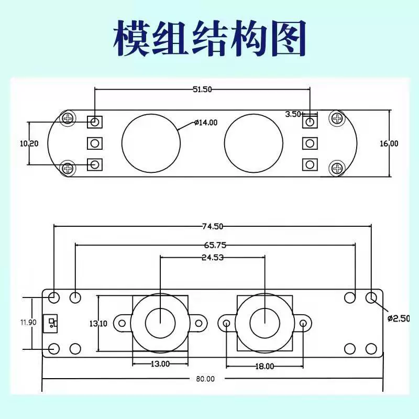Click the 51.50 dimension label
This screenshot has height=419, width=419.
pyautogui.click(x=202, y=89)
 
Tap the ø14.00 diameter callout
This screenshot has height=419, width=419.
pyautogui.click(x=206, y=123)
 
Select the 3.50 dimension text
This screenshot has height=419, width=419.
pyautogui.click(x=293, y=114)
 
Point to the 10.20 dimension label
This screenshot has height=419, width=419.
pyautogui.click(x=29, y=144)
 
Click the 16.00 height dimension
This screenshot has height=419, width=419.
pyautogui.click(x=389, y=144)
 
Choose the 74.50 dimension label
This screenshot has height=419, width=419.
pyautogui.click(x=213, y=226)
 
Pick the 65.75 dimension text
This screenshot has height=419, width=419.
pyautogui.click(x=215, y=245)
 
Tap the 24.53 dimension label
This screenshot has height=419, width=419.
pyautogui.click(x=213, y=257)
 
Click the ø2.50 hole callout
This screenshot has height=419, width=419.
pyautogui.click(x=399, y=318)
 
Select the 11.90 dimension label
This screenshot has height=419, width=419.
pyautogui.click(x=28, y=322)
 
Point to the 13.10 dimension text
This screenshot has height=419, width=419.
pyautogui.click(x=98, y=324)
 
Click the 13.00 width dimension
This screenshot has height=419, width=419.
pyautogui.click(x=160, y=363)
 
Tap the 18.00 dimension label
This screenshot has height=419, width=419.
pyautogui.click(x=264, y=366)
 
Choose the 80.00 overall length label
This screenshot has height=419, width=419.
pyautogui.click(x=205, y=379)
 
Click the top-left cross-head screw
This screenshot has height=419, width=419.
pyautogui.click(x=69, y=118)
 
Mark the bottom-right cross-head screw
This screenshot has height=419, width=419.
pyautogui.click(x=337, y=168)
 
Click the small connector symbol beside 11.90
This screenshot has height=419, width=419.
pyautogui.click(x=51, y=323)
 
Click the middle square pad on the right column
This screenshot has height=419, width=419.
pyautogui.click(x=310, y=144)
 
